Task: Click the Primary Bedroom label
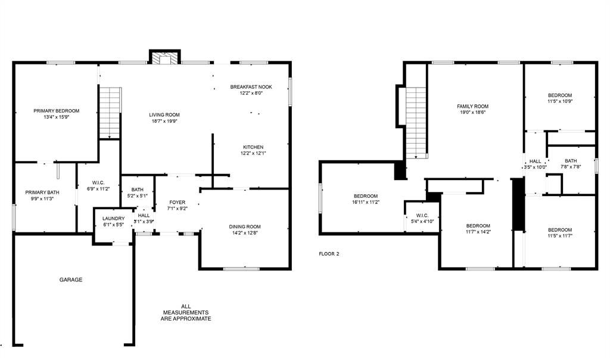(x=57, y=111)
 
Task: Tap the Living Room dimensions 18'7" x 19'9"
(x=164, y=121)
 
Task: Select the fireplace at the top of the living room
(x=165, y=57)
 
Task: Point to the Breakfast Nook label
(x=251, y=87)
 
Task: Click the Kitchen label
(x=253, y=147)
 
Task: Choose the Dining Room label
(x=245, y=227)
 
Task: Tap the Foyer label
(x=178, y=203)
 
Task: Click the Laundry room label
(x=114, y=219)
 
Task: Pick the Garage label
(x=71, y=280)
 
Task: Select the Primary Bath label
(x=42, y=193)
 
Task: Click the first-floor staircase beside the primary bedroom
(x=110, y=113)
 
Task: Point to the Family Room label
(x=472, y=106)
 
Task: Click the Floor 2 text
(x=329, y=254)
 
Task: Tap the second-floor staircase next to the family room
(x=416, y=123)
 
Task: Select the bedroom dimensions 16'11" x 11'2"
(x=366, y=203)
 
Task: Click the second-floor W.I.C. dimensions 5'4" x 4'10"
(x=422, y=222)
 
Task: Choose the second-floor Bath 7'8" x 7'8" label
(x=571, y=164)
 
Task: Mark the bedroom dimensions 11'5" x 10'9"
(x=560, y=101)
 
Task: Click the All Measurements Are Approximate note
(x=186, y=312)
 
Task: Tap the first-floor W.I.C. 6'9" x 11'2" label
(x=98, y=185)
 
